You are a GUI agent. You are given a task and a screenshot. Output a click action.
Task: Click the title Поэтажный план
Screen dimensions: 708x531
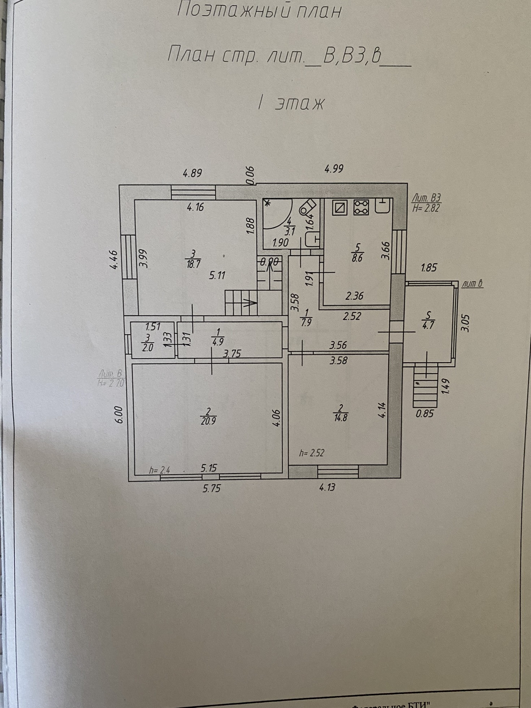(259, 11)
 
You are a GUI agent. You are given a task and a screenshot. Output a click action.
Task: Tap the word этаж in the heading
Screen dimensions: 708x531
(300, 104)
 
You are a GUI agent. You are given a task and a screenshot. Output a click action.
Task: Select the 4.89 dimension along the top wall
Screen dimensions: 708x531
(192, 173)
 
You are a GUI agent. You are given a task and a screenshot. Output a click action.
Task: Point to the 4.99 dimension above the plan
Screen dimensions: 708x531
(334, 169)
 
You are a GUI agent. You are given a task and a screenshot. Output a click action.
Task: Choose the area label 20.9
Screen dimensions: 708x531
(208, 421)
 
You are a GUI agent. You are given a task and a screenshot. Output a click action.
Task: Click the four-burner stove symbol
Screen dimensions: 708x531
(361, 207)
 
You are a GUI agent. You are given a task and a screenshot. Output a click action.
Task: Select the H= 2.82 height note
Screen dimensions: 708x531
(427, 208)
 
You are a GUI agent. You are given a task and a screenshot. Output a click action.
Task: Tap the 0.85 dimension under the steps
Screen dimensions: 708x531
(424, 413)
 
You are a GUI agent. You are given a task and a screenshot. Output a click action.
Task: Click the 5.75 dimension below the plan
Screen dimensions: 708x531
(211, 489)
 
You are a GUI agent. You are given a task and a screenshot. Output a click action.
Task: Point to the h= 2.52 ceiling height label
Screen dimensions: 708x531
(312, 453)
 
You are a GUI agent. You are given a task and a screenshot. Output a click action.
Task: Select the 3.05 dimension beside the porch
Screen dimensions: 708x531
(466, 323)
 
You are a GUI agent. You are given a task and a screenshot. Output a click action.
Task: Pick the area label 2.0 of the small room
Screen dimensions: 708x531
(148, 347)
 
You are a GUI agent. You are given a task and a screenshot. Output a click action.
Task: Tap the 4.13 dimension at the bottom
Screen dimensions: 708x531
(327, 487)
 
